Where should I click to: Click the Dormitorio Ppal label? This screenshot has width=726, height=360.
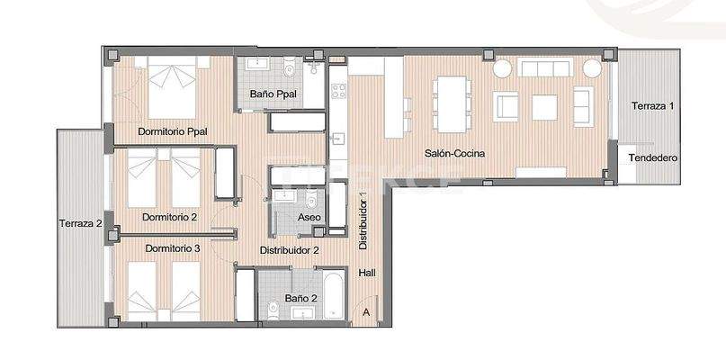173,131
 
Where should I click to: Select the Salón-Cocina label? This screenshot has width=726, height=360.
455,153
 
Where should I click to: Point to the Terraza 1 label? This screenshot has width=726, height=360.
652,106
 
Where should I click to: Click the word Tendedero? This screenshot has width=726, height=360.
652,157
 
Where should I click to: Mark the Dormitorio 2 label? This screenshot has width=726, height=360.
169,217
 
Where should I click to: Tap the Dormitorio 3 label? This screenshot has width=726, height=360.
173,247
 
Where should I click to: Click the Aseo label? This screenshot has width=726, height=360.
309,217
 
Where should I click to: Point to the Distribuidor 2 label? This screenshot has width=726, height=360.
290,250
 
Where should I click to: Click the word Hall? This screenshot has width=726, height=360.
367,273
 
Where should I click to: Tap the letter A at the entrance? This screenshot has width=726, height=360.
366,311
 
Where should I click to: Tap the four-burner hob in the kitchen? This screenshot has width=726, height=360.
339,91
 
